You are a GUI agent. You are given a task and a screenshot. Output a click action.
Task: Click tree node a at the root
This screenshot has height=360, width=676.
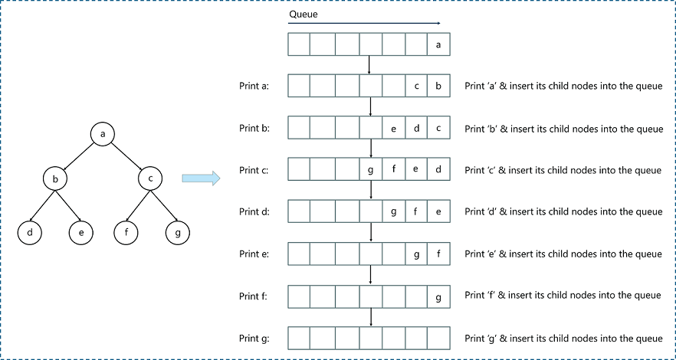click(x=102, y=133)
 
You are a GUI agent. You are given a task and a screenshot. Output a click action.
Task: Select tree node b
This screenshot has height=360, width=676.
click(x=55, y=179)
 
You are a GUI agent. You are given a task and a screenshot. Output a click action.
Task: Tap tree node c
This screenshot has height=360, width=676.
click(x=150, y=179)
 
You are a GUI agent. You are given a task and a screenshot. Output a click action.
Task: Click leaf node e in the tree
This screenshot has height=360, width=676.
click(x=80, y=231)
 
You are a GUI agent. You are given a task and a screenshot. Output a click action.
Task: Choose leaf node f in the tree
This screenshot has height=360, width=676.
click(x=126, y=231)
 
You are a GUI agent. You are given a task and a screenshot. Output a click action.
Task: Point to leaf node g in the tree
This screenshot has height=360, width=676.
click(x=177, y=231)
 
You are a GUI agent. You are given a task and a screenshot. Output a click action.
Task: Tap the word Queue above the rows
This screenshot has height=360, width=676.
click(x=302, y=15)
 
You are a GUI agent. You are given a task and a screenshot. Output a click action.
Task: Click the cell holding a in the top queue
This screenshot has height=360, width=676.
click(x=438, y=44)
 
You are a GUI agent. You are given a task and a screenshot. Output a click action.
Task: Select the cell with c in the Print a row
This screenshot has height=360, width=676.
click(x=415, y=86)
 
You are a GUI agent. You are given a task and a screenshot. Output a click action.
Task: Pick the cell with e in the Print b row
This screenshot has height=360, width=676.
click(x=393, y=128)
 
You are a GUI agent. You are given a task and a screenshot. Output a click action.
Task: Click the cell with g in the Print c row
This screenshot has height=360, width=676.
click(x=370, y=169)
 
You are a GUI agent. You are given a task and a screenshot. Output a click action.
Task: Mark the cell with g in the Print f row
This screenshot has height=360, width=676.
click(x=438, y=296)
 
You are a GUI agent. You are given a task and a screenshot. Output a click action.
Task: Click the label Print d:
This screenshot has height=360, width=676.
click(x=254, y=212)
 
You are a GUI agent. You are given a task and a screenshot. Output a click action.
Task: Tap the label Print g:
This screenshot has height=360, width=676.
click(x=254, y=338)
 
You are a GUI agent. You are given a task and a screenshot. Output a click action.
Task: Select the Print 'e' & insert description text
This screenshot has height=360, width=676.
click(x=563, y=254)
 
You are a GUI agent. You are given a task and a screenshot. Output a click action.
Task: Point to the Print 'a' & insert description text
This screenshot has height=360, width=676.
click(x=563, y=87)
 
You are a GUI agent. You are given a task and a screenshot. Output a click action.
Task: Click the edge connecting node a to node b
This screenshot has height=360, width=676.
click(x=79, y=156)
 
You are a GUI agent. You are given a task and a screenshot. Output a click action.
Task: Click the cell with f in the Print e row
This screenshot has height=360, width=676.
click(x=438, y=254)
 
